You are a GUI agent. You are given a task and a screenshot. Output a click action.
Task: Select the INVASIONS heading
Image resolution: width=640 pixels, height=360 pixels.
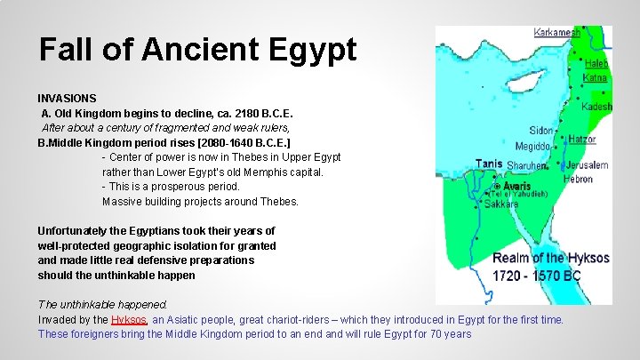point(68,98)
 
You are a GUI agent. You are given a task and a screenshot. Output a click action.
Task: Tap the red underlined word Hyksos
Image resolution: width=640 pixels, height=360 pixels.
point(129,319)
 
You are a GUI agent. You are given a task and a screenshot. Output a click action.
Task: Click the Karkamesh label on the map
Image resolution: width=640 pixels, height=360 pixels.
point(557,33)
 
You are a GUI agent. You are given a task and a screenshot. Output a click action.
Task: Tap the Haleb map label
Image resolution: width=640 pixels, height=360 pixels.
point(596,64)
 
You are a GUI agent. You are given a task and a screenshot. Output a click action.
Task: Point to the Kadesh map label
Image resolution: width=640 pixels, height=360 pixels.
point(596,106)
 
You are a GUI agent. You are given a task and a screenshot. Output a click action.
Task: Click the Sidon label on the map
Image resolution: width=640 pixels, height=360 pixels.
point(540,130)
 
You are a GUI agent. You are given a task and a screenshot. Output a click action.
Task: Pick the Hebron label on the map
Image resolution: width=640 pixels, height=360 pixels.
point(578,179)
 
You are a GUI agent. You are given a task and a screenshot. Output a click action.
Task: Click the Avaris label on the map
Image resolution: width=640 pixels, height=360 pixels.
point(516,186)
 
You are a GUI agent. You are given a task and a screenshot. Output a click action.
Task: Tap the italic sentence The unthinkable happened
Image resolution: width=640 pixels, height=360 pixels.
point(102,304)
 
